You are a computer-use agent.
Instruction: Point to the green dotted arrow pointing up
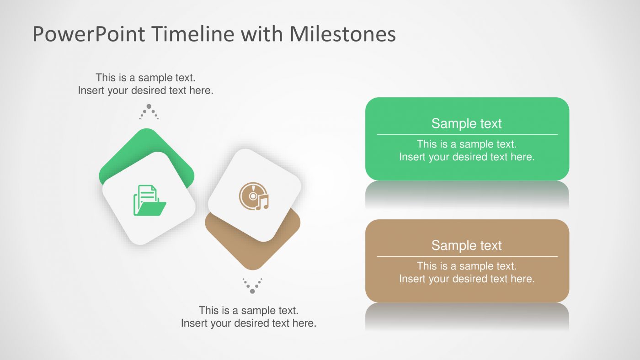[149, 111]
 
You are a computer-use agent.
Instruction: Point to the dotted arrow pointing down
[252, 285]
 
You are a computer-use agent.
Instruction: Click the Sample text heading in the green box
[466, 123]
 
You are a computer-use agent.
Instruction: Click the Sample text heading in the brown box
[466, 245]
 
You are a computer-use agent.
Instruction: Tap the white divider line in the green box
[466, 134]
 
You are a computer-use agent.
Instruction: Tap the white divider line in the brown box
[466, 256]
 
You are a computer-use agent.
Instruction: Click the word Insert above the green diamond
[91, 90]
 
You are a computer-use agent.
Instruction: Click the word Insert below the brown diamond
[195, 323]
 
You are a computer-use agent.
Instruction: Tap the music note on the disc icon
[262, 202]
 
